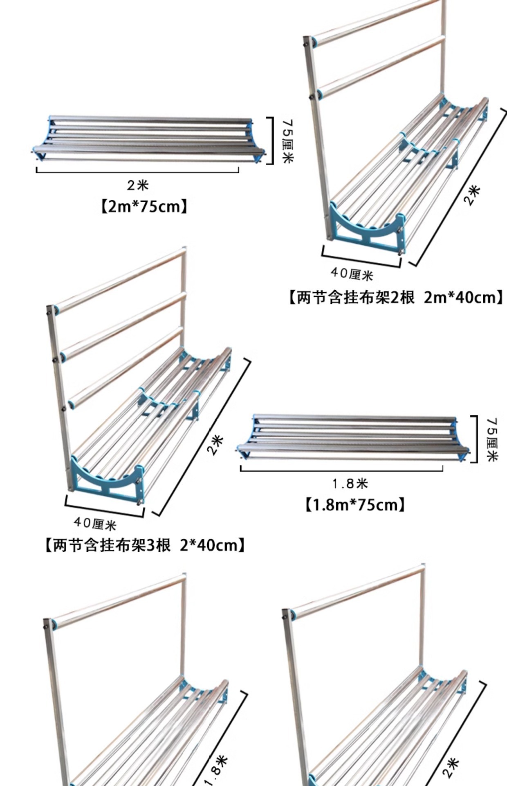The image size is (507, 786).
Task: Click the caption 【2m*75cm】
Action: [144, 206]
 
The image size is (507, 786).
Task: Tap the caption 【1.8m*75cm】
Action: [355, 505]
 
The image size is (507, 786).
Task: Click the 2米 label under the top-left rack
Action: [137, 185]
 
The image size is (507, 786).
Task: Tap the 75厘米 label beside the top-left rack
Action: [288, 140]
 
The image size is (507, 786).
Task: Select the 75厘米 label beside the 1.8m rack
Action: [492, 439]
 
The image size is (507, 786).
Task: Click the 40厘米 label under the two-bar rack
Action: [352, 273]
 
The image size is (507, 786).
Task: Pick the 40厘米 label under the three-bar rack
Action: [95, 523]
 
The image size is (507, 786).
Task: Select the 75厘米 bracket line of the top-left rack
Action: [271, 140]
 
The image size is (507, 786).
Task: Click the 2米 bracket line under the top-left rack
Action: [137, 172]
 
